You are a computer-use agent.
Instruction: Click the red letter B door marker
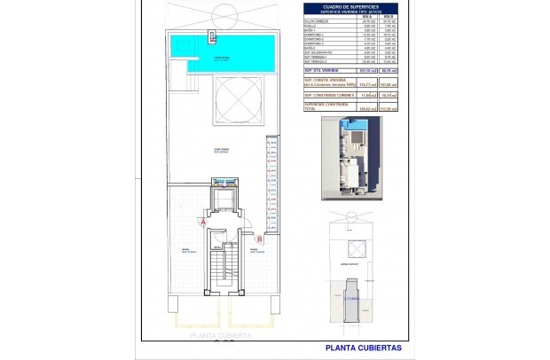click(x=259, y=238)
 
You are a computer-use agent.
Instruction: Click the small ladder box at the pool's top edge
click(x=212, y=36)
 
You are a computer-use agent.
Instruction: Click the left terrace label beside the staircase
click(x=185, y=250)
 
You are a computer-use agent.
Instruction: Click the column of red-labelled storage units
click(x=272, y=186)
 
